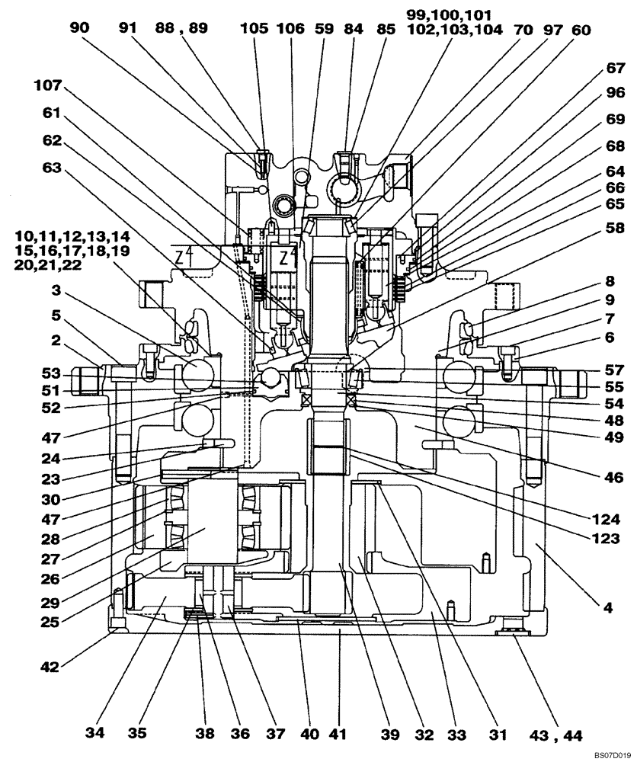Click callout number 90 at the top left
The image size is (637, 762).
click(x=79, y=28)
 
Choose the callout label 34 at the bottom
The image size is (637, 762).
click(x=95, y=734)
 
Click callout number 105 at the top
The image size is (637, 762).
click(x=254, y=28)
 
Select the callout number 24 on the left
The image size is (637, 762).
click(x=51, y=459)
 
